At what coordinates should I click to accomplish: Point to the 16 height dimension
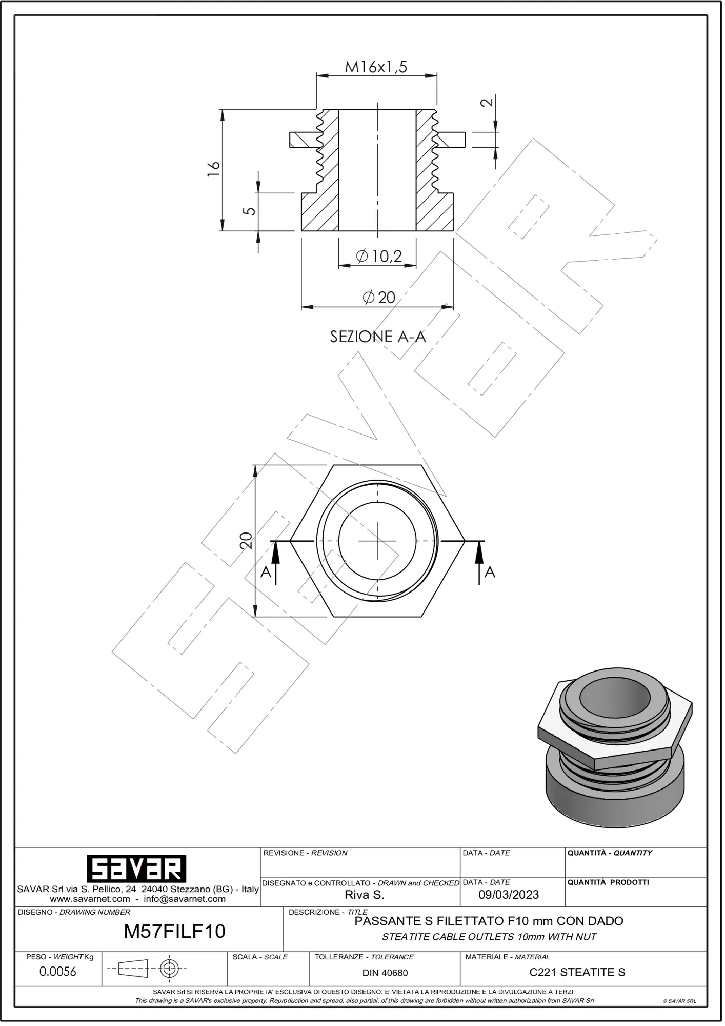(214, 169)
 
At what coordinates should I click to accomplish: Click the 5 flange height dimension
(249, 211)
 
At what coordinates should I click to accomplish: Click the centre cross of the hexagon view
(378, 541)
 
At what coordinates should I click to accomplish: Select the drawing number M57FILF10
(175, 931)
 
